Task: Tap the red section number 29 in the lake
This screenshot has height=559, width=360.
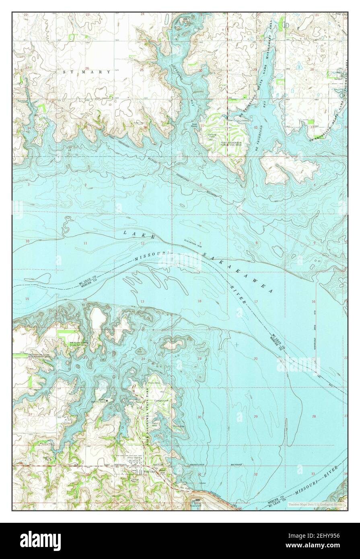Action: [x=256, y=417]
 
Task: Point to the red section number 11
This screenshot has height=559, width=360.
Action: [x=85, y=244]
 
